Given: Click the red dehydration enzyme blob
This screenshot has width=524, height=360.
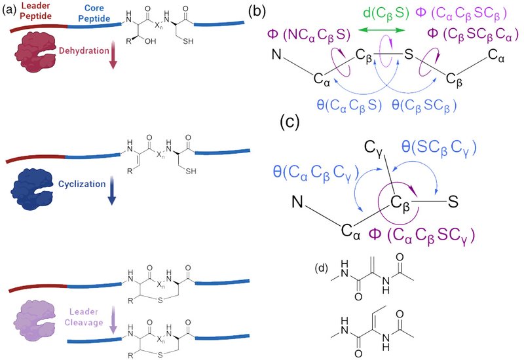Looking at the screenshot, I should coord(31,50).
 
